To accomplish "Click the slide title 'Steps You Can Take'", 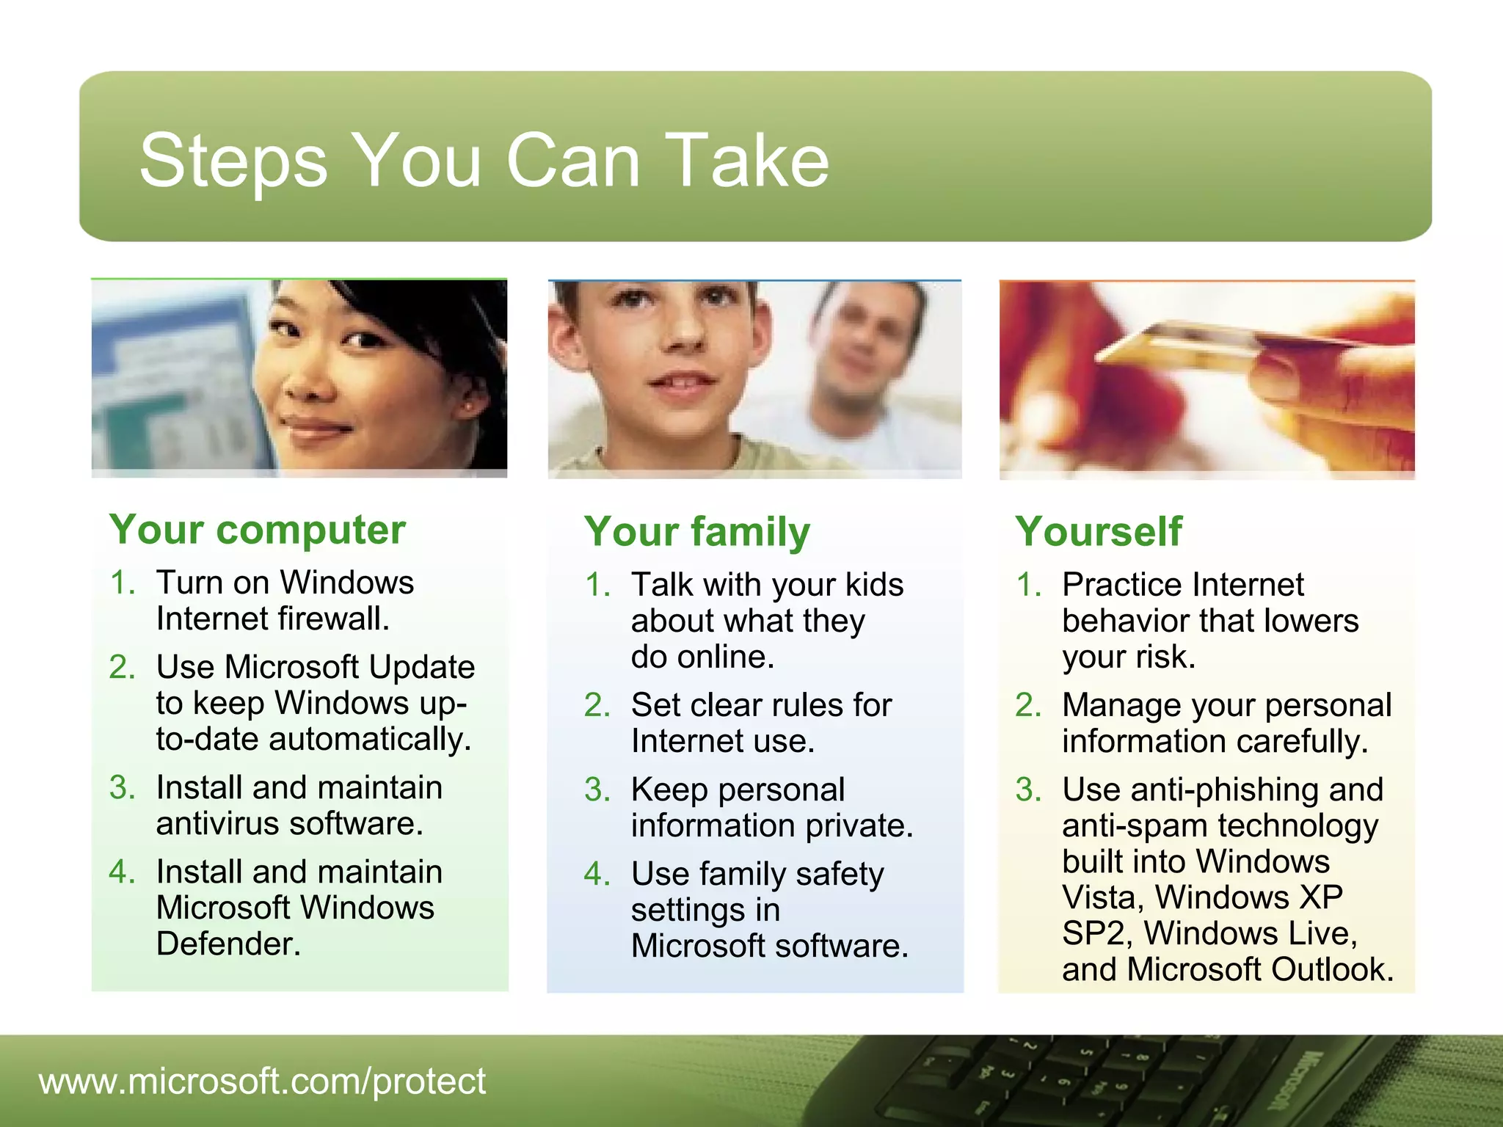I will pyautogui.click(x=484, y=160).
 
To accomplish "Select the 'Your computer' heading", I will pyautogui.click(x=258, y=529).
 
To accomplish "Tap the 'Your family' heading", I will pyautogui.click(x=697, y=531).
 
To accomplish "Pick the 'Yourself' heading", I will pyautogui.click(x=1099, y=531).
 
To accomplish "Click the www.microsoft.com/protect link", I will pyautogui.click(x=262, y=1081).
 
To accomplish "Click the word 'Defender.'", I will pyautogui.click(x=229, y=944).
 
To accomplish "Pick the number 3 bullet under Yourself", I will pyautogui.click(x=1028, y=790).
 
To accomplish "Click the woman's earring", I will pyautogui.click(x=467, y=404).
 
